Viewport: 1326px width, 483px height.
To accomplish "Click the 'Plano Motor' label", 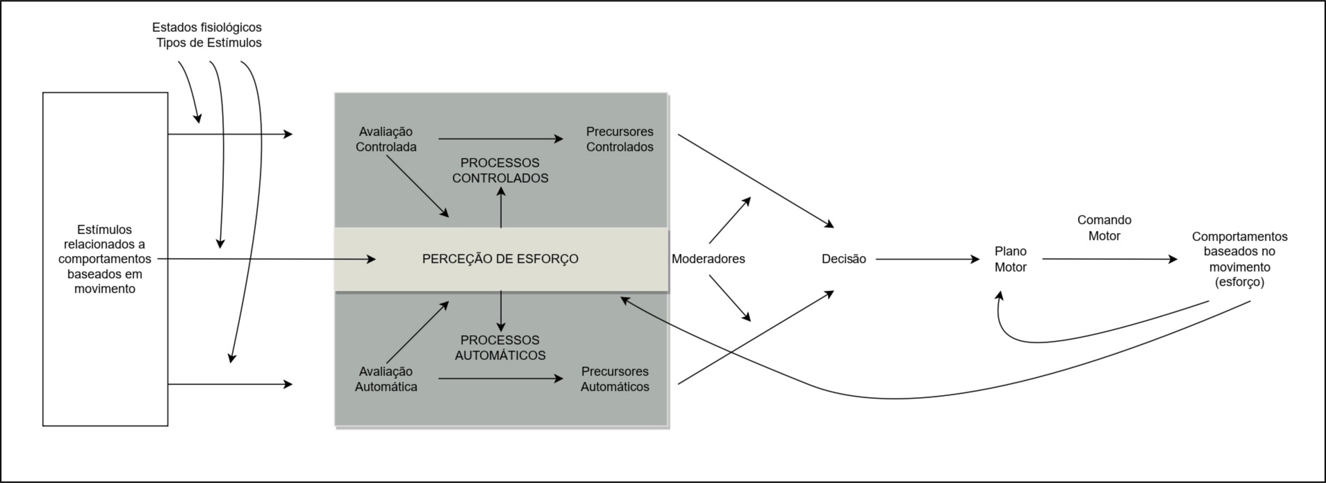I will point(1010,259).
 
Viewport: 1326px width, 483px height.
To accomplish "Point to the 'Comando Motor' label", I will point(1104,227).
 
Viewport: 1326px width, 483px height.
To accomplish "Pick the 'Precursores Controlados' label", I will point(619,139).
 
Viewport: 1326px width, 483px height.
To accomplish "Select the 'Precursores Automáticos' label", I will point(615,379).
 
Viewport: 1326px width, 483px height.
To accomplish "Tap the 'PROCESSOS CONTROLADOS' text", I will point(500,170).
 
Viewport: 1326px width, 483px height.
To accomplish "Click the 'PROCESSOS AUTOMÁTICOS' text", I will point(500,348).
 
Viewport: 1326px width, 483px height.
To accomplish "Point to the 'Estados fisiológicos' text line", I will point(207,27).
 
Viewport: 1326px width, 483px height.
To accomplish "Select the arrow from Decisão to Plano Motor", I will point(926,259).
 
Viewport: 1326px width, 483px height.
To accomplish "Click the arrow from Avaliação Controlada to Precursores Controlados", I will point(499,139).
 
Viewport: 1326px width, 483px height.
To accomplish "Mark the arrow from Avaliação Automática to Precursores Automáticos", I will point(499,379).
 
